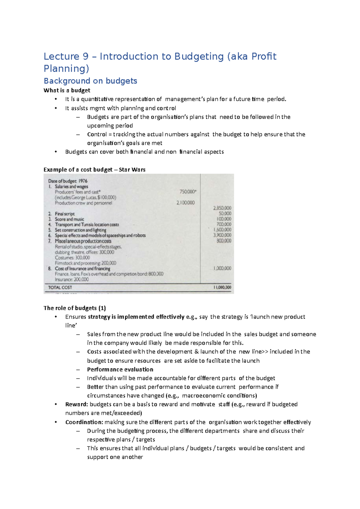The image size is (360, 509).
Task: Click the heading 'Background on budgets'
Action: (x=90, y=81)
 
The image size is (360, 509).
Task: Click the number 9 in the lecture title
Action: (x=85, y=56)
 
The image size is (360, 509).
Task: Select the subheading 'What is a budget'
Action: (x=67, y=91)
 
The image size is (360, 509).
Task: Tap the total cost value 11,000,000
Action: (x=222, y=287)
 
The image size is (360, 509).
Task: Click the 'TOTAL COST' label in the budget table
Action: (x=60, y=287)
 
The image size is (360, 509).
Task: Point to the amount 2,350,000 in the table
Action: (x=222, y=208)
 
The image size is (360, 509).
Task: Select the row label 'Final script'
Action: (x=64, y=214)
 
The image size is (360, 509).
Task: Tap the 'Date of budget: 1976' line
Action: (x=68, y=181)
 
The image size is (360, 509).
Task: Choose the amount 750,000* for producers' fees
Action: (x=188, y=192)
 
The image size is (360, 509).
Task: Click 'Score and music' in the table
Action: (x=69, y=219)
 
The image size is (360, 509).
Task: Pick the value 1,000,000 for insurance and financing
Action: (x=222, y=268)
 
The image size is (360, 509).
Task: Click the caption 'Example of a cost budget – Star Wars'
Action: (x=94, y=170)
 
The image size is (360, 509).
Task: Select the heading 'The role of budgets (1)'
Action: (x=75, y=308)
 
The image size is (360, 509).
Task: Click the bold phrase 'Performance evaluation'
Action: (x=120, y=370)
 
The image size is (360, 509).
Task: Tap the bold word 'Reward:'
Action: (x=76, y=404)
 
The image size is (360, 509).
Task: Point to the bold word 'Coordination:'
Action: (x=84, y=422)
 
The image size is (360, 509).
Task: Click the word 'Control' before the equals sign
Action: (x=97, y=134)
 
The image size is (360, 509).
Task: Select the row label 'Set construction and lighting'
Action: (x=80, y=230)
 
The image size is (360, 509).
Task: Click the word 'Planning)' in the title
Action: (x=66, y=69)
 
